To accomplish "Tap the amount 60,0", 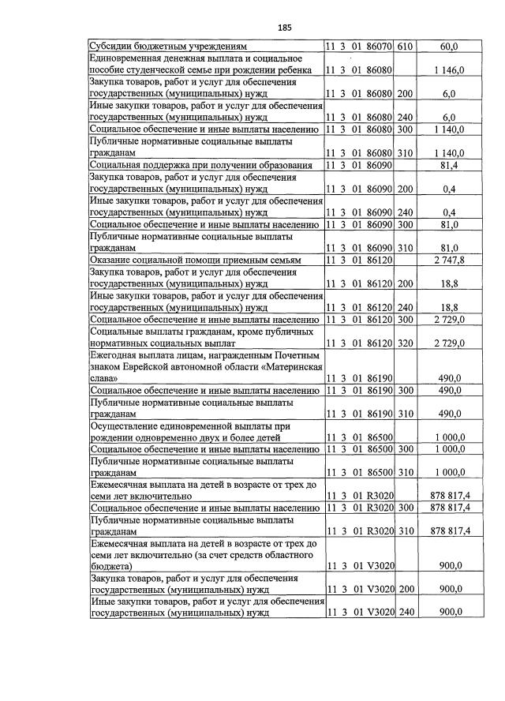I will [450, 47].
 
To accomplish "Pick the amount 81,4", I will [450, 165].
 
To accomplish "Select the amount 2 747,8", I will [449, 261].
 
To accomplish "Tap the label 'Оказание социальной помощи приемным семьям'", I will [196, 261].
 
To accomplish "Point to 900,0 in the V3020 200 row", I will [450, 590].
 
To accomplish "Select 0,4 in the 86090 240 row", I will [450, 212].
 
